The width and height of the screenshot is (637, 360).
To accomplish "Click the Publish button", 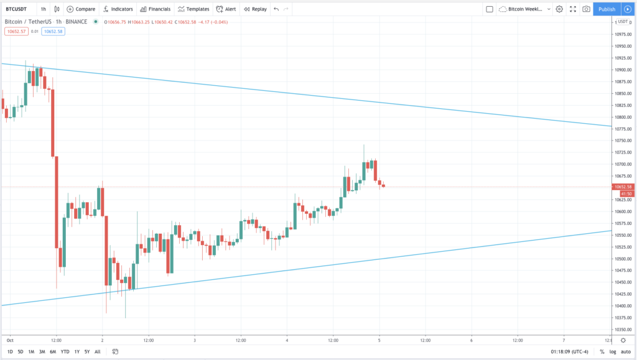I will click(607, 9).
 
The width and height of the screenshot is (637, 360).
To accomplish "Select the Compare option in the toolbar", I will click(81, 9).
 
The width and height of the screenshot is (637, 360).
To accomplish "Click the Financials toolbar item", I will click(156, 9).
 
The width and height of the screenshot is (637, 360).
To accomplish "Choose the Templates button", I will click(193, 9).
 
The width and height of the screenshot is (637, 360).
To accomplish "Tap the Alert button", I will click(226, 9).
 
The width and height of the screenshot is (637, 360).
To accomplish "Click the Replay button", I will click(255, 9).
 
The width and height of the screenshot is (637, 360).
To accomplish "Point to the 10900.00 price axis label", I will click(623, 70).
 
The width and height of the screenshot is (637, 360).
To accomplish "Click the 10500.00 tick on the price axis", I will click(623, 259).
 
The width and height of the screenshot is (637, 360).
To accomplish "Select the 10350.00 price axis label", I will click(623, 330).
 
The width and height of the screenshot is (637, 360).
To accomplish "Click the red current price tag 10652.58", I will click(623, 187).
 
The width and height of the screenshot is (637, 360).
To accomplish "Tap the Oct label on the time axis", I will click(9, 341).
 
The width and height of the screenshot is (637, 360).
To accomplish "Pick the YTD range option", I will click(64, 352).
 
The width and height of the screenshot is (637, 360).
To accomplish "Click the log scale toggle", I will click(613, 352).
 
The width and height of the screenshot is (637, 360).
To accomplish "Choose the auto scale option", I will click(626, 352).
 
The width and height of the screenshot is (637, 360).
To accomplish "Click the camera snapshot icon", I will click(586, 9).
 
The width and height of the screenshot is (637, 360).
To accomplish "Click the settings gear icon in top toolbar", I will click(559, 9).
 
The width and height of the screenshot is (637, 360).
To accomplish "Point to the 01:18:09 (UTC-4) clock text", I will click(569, 352).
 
